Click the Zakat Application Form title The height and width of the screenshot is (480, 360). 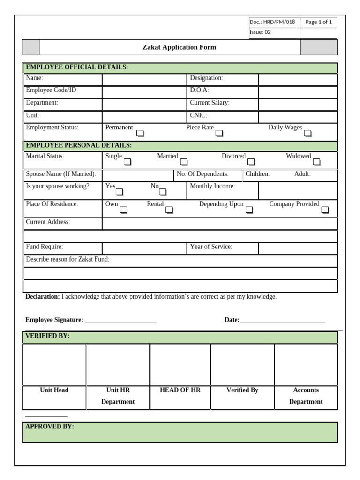tap(179, 47)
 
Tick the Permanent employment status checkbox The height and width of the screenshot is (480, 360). tap(140, 134)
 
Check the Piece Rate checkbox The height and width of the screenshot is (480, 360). tap(219, 134)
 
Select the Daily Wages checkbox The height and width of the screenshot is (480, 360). tap(307, 134)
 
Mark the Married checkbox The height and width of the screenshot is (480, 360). tap(184, 162)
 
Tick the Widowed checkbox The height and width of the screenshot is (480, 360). tap(317, 162)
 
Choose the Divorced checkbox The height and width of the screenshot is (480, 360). tap(251, 162)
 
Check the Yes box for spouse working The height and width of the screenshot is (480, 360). tap(120, 192)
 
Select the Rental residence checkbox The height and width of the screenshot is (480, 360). tap(169, 210)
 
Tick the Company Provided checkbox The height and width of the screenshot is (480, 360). tap(325, 210)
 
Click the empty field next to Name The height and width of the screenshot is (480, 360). tap(144, 79)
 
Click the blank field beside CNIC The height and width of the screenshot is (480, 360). tap(297, 116)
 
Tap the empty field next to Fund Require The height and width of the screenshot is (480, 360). tap(144, 247)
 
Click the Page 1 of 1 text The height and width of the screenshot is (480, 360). tap(318, 22)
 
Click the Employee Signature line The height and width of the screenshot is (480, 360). tap(120, 321)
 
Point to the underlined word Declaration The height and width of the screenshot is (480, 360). tap(42, 297)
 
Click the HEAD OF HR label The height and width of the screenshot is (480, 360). tap(180, 390)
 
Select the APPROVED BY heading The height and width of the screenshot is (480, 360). tap(49, 427)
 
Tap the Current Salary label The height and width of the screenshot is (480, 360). tap(210, 103)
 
